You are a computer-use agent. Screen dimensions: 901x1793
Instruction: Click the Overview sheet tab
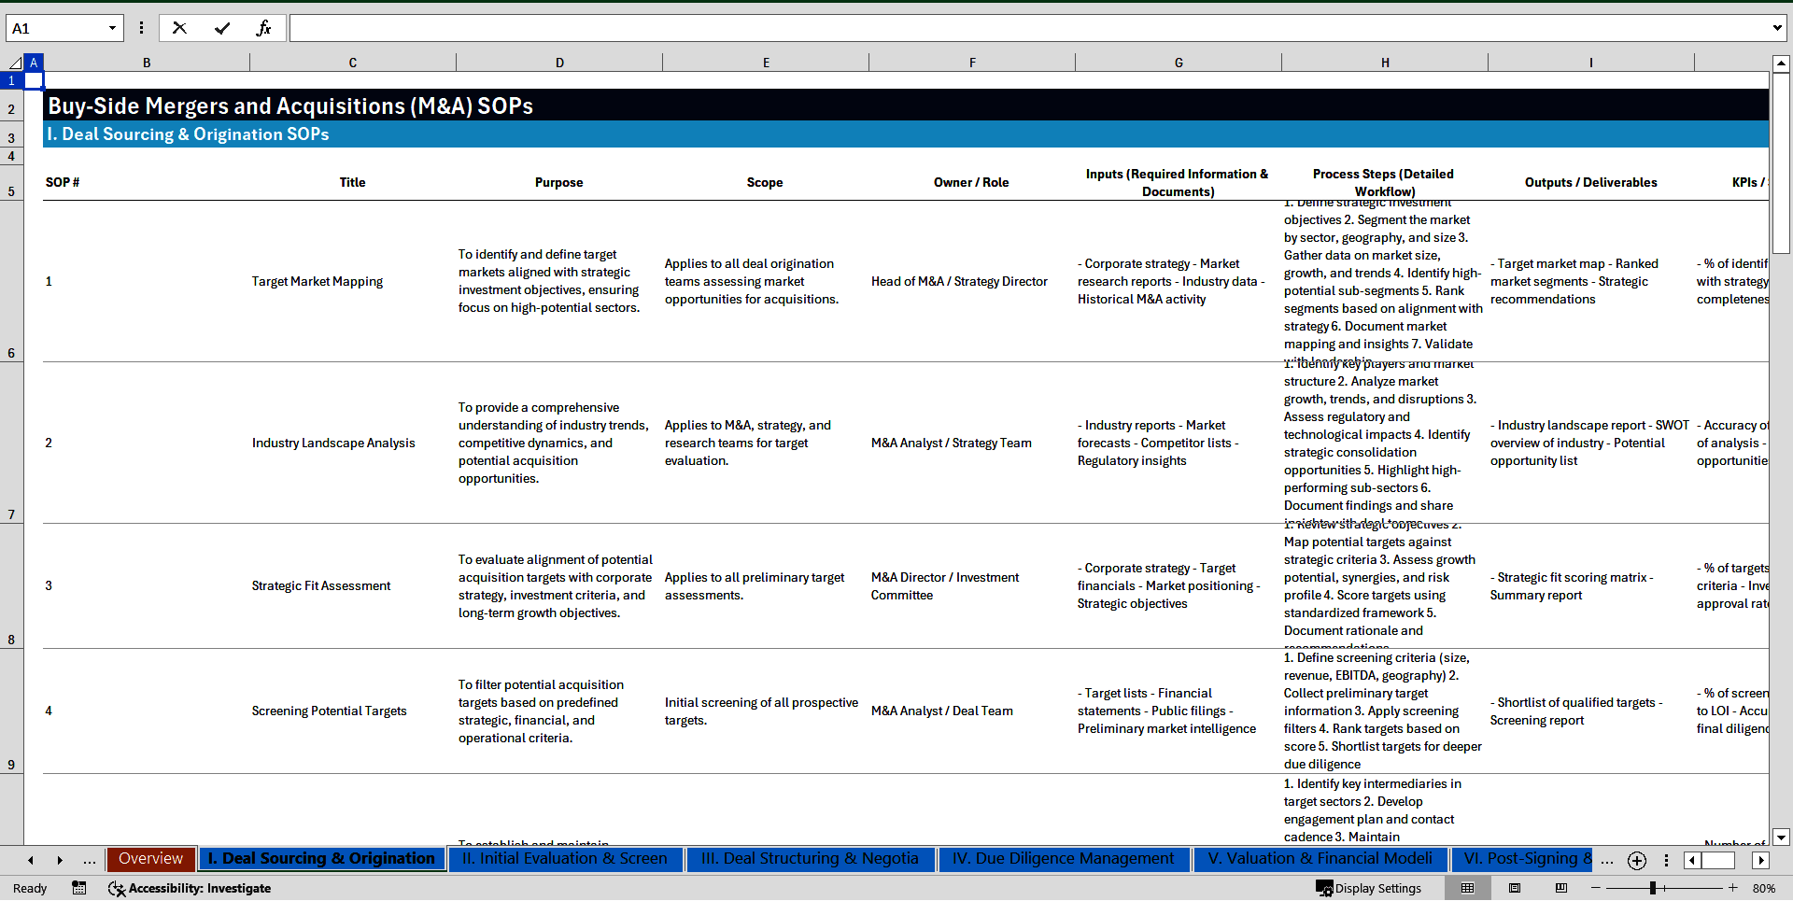click(x=150, y=859)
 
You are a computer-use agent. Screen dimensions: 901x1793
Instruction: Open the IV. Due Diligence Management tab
click(x=1063, y=859)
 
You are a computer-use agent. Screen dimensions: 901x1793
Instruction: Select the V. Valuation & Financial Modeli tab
click(x=1320, y=859)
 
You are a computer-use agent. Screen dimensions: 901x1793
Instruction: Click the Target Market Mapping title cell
click(x=318, y=282)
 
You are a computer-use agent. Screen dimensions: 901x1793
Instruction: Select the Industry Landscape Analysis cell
click(x=333, y=443)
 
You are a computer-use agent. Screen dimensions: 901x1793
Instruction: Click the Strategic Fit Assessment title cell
click(x=321, y=586)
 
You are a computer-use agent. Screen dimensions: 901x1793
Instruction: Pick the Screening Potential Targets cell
click(x=329, y=711)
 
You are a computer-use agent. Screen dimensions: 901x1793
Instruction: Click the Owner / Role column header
click(x=971, y=183)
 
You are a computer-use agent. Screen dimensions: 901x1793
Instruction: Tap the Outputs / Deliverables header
click(x=1590, y=183)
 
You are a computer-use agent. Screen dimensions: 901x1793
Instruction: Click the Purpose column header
click(x=558, y=183)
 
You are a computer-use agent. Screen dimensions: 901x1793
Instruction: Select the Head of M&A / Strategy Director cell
click(x=959, y=282)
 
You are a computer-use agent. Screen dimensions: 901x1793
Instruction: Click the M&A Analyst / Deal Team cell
click(x=941, y=711)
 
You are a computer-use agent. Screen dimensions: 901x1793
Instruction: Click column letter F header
click(x=972, y=63)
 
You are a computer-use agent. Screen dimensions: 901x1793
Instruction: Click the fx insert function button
click(x=263, y=28)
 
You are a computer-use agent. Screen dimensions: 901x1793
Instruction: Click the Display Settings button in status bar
click(x=1369, y=889)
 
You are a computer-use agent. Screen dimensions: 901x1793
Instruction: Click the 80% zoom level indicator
click(x=1763, y=889)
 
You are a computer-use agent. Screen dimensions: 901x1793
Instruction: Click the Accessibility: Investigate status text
click(x=199, y=889)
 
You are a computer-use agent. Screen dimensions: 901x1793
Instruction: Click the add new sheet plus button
click(x=1636, y=861)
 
